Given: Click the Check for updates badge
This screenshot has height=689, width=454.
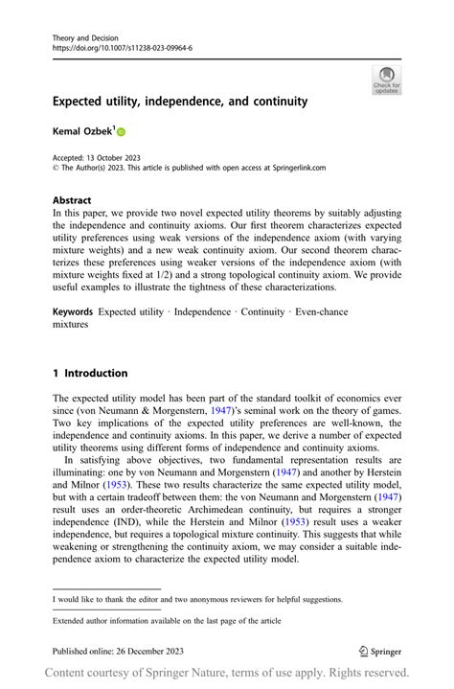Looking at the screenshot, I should point(387,80).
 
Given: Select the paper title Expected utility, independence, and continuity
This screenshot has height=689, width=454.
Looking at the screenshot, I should point(180,101).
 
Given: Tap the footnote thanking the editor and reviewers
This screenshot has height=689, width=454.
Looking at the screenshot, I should point(197,600).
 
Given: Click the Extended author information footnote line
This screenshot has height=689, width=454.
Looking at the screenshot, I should point(167,620).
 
